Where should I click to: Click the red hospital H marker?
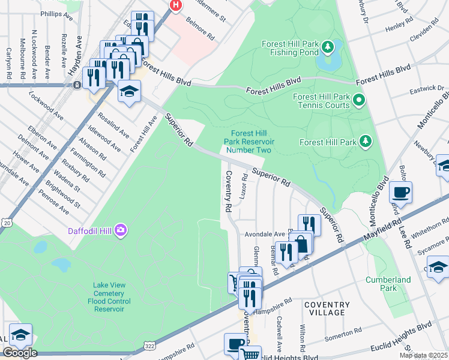[175, 5]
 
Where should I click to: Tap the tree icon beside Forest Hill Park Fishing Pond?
[327, 46]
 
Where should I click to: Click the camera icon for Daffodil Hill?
[121, 230]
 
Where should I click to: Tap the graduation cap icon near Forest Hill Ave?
[129, 91]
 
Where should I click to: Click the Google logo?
[19, 352]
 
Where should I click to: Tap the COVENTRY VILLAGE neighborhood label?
[327, 308]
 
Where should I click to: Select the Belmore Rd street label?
[200, 32]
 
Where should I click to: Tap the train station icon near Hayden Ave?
[77, 85]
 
